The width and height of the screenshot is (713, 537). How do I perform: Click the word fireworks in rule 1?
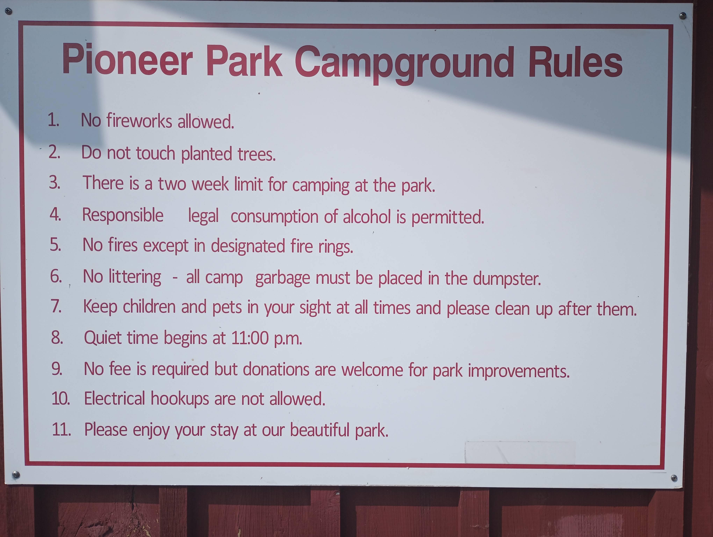pyautogui.click(x=139, y=121)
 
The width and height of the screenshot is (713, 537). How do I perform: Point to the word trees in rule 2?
pyautogui.click(x=257, y=154)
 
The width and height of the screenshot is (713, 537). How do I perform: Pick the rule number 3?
pyautogui.click(x=55, y=182)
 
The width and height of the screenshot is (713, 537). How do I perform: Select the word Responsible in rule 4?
pyautogui.click(x=123, y=215)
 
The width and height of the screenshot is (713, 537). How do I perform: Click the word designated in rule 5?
pyautogui.click(x=248, y=246)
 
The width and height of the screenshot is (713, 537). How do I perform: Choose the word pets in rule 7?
pyautogui.click(x=227, y=307)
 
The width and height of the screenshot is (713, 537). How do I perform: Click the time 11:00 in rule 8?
pyautogui.click(x=250, y=338)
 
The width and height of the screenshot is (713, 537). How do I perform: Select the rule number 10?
pyautogui.click(x=61, y=398)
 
